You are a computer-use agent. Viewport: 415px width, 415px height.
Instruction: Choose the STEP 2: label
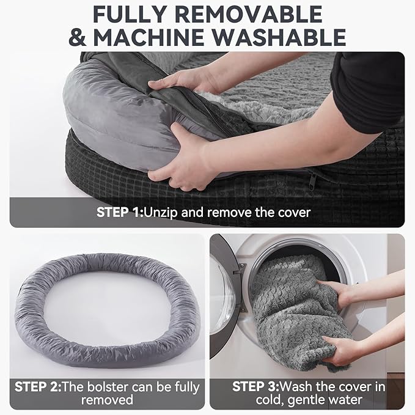(x=40, y=386)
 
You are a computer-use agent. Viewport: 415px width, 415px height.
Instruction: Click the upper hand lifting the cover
(x=177, y=79)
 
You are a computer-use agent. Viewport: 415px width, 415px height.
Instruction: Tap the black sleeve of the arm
(x=367, y=92)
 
